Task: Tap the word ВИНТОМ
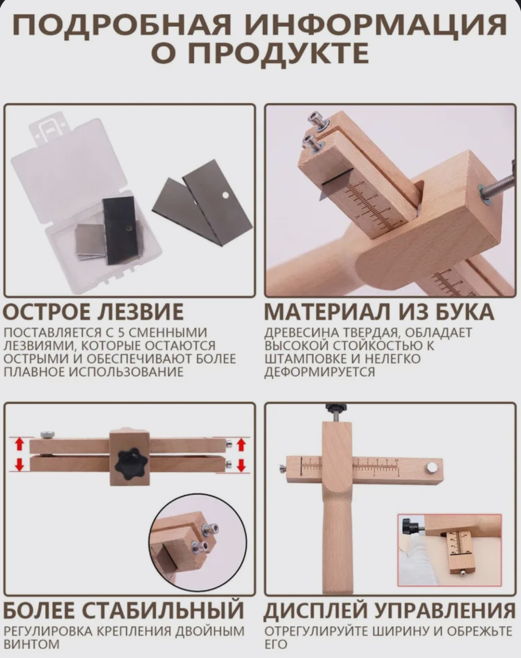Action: tap(32, 644)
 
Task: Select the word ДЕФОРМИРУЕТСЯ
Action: tap(319, 372)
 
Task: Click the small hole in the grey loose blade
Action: tap(226, 194)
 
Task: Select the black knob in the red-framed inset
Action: tap(411, 525)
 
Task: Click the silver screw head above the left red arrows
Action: tap(47, 435)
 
